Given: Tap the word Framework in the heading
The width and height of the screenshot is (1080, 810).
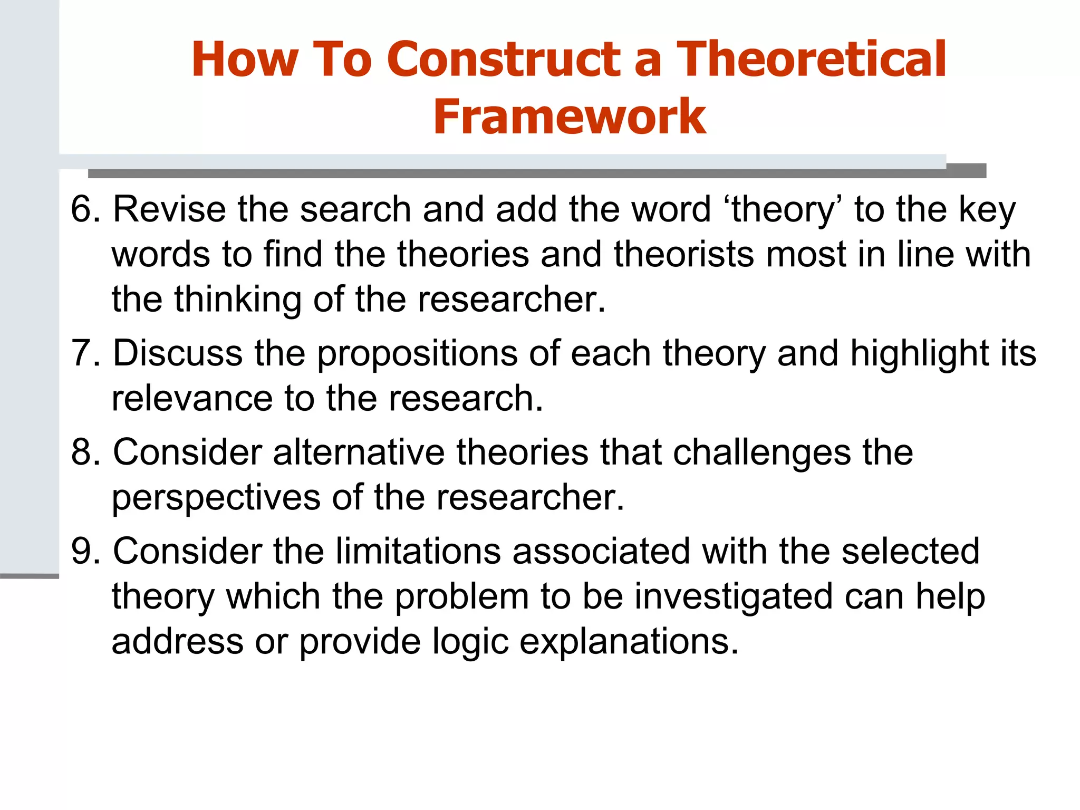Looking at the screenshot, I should tap(570, 117).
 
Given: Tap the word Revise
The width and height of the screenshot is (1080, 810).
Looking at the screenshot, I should tap(169, 209).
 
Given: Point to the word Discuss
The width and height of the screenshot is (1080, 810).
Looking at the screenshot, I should tap(178, 353).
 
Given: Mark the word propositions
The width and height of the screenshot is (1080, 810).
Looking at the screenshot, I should tap(417, 354).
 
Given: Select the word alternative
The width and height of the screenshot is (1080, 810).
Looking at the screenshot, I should tap(359, 452).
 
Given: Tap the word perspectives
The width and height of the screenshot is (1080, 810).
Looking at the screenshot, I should tap(216, 498).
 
